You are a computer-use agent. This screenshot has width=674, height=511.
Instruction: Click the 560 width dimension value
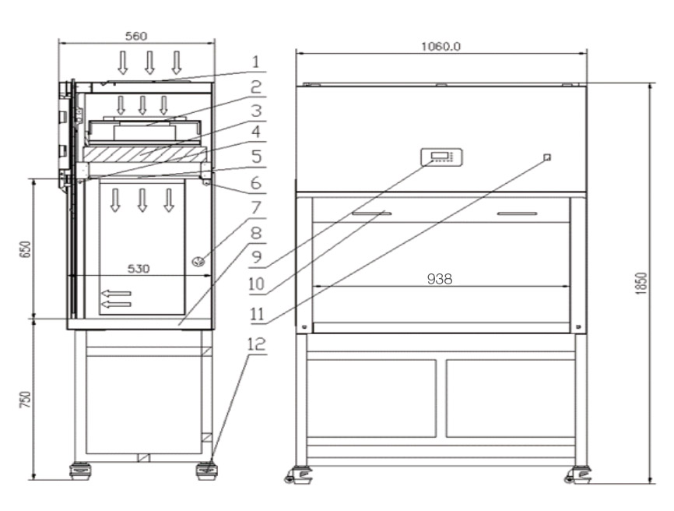(x=136, y=36)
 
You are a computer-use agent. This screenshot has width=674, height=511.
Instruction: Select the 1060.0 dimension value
(x=441, y=47)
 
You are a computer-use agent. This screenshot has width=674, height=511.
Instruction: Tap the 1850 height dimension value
(x=641, y=284)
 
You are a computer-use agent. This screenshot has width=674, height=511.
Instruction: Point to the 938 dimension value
(x=440, y=279)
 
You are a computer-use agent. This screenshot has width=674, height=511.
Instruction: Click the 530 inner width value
(x=139, y=269)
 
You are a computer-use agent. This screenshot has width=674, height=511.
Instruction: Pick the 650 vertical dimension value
(x=26, y=249)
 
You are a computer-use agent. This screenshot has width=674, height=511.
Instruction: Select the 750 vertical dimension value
(x=26, y=400)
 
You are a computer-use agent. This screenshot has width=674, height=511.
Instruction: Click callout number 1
(x=256, y=62)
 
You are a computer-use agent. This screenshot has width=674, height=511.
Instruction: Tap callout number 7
(x=256, y=207)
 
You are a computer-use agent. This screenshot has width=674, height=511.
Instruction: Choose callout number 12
(x=257, y=344)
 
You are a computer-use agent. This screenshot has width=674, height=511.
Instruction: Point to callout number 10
(x=256, y=284)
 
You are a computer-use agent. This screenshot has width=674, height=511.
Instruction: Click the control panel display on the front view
(x=441, y=157)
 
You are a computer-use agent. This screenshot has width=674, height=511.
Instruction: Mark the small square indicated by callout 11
(x=547, y=157)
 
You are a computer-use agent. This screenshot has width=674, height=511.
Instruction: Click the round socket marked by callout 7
(x=198, y=262)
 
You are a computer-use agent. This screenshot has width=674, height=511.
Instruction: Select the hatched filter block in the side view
(x=145, y=154)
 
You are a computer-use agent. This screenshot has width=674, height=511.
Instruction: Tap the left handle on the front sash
(x=372, y=213)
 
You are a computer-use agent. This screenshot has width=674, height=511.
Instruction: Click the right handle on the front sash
(x=517, y=213)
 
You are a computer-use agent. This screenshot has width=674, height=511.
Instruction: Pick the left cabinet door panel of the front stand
(x=371, y=398)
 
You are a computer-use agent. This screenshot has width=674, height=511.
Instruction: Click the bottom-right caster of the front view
(x=578, y=475)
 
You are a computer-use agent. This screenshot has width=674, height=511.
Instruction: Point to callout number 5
(x=256, y=157)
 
